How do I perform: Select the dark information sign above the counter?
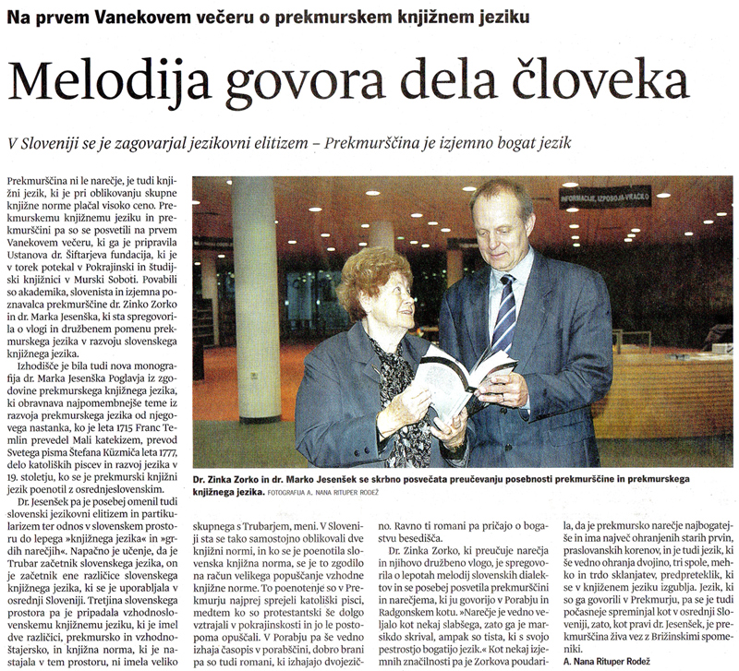click(605, 197)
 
